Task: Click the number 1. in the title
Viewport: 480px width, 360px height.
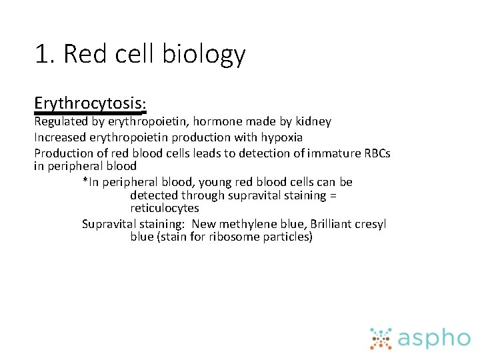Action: pos(45,55)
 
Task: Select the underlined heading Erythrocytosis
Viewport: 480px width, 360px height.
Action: pos(90,104)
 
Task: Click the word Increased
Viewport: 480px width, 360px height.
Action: pos(58,137)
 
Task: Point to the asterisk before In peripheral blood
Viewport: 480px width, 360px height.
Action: pos(85,181)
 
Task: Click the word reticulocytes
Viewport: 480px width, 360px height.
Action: pos(165,208)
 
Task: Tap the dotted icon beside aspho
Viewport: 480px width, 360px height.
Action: pos(381,338)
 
